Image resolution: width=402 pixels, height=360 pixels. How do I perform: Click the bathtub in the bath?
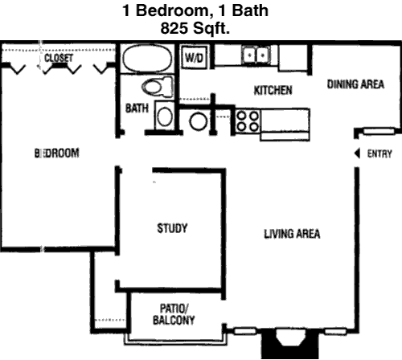[147, 59]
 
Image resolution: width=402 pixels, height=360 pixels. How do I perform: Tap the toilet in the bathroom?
[158, 87]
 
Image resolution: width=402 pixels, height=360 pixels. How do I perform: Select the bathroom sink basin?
[165, 117]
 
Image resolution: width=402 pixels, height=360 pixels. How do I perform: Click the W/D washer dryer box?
[195, 57]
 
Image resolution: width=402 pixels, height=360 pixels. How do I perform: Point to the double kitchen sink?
[256, 55]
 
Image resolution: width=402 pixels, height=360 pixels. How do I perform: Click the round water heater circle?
[199, 121]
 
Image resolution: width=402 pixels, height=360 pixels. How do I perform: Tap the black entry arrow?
[357, 153]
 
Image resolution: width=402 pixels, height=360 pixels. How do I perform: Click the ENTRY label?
[379, 153]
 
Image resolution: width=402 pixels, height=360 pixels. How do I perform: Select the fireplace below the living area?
[290, 343]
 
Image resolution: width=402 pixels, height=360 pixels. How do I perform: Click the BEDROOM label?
[57, 153]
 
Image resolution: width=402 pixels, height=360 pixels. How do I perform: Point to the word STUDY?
[172, 228]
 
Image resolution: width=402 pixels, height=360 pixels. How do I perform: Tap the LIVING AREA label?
[292, 234]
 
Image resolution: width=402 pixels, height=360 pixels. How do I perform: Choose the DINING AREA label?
[355, 84]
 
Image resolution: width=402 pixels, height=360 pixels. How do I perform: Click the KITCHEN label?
[273, 90]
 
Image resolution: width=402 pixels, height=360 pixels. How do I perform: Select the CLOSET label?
[59, 58]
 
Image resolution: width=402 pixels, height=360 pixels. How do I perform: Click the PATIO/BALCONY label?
[174, 314]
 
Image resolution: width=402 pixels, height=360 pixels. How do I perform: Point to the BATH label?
[137, 108]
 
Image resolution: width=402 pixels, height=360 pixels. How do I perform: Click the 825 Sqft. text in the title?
[195, 28]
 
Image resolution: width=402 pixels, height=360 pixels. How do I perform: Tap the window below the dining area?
[379, 131]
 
